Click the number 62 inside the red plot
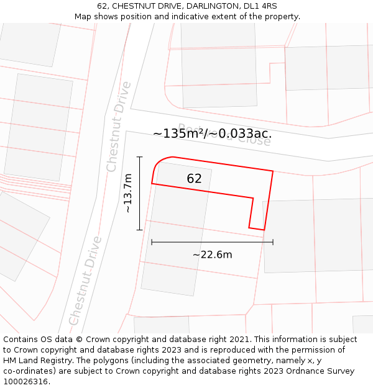coord(194,179)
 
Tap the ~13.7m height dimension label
coord(127,193)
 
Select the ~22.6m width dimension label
coord(212,255)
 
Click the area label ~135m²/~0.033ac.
coord(212,133)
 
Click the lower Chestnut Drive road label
coord(85,280)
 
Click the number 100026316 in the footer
coord(25,382)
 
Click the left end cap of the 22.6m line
coord(152,242)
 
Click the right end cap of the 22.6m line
coord(273,242)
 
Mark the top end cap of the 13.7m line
coord(140,157)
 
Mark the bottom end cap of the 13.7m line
coord(140,230)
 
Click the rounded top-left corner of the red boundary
coord(158,163)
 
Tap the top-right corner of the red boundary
coord(273,171)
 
